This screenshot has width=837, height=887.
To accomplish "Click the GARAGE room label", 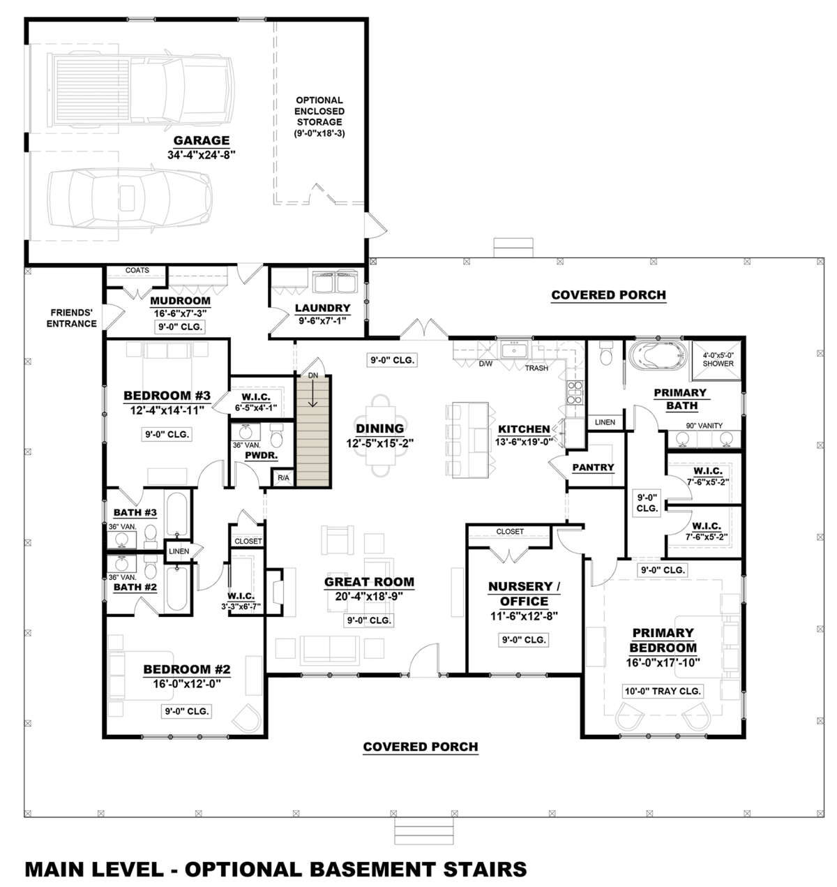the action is click(x=202, y=141).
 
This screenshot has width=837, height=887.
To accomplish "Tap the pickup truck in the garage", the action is click(x=140, y=89).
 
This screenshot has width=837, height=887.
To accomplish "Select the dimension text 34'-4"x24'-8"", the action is click(x=202, y=155).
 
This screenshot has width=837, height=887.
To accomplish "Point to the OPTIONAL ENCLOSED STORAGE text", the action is click(x=319, y=116).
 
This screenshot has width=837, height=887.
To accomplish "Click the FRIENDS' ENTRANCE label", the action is click(x=71, y=318).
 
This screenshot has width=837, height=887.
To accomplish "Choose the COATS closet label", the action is click(x=137, y=270).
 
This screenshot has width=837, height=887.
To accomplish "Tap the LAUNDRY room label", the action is click(x=322, y=308).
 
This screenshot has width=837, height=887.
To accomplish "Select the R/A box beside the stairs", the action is click(x=283, y=478).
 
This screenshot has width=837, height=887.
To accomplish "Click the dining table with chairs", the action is click(x=380, y=436).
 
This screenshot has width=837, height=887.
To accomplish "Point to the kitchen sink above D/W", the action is click(x=514, y=350).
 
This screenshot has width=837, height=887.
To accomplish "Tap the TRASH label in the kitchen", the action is click(x=536, y=368).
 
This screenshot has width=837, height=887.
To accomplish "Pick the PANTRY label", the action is click(x=594, y=467).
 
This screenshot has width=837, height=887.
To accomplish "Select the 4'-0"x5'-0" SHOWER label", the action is click(x=718, y=359).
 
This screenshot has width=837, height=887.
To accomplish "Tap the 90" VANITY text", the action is click(x=704, y=426).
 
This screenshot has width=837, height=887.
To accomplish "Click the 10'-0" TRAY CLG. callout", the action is click(x=663, y=691).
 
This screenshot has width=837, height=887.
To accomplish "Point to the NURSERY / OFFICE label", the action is click(x=524, y=594).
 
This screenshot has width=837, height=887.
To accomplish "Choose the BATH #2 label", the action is click(x=135, y=588).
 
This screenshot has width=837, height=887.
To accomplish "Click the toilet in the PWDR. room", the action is click(x=277, y=436).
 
